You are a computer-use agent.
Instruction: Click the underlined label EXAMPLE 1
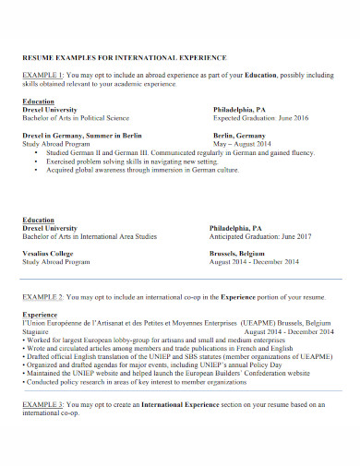click(42, 73)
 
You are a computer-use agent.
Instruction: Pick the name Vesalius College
click(48, 253)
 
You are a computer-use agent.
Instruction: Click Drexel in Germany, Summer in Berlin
click(81, 135)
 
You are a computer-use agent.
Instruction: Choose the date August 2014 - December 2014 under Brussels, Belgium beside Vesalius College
click(255, 262)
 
